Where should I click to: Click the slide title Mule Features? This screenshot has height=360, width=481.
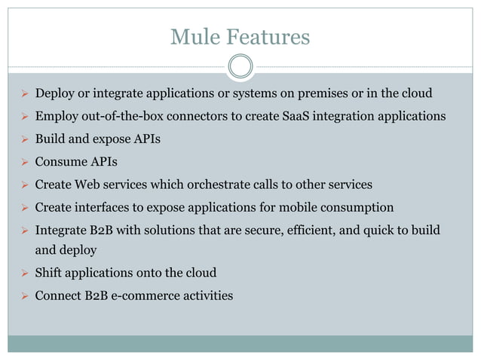click(x=240, y=36)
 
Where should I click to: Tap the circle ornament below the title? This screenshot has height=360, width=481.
click(x=240, y=66)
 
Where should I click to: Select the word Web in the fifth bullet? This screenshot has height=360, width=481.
click(x=90, y=184)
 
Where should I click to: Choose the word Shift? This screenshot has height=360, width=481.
click(x=50, y=273)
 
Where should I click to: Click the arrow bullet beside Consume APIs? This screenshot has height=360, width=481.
click(x=23, y=161)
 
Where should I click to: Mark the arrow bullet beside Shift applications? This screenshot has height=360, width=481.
click(x=23, y=273)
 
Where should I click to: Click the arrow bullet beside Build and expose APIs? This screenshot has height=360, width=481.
click(x=23, y=139)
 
